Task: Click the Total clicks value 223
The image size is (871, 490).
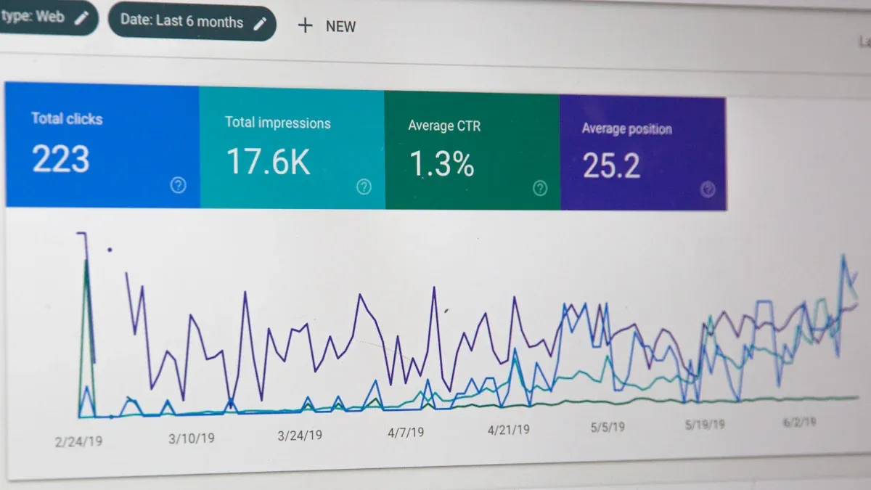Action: coord(61,160)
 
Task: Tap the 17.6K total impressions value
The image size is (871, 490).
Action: coord(268,162)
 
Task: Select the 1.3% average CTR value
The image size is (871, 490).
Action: coord(441,164)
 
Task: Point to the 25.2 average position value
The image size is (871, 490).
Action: coord(611,166)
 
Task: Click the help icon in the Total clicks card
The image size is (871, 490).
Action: coord(178,185)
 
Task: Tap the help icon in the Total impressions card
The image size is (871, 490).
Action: coord(364,187)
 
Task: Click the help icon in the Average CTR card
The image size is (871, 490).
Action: coord(540,189)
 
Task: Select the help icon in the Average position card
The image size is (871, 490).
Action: coord(708,190)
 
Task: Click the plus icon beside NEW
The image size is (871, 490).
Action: coord(306,25)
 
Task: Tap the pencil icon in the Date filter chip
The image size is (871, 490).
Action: coord(260,23)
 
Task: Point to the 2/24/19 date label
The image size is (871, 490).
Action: coord(78,441)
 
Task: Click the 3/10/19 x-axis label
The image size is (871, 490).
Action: coord(192,438)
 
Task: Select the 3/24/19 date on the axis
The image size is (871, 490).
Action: coord(300,436)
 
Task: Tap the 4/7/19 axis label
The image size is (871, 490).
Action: coord(405,433)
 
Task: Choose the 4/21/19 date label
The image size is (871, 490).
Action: coord(508,430)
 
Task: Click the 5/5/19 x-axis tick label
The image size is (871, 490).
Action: coord(608,427)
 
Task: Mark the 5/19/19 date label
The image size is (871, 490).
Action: coord(704,425)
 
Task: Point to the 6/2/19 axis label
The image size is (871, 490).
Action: coord(798,422)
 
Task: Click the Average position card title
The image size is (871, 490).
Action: coord(626,129)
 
